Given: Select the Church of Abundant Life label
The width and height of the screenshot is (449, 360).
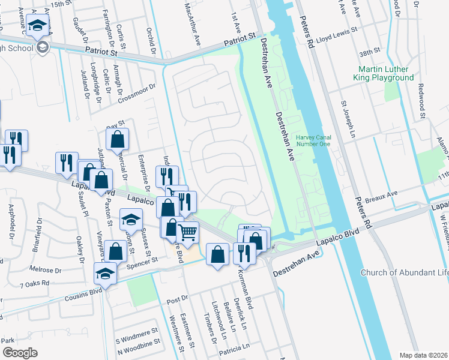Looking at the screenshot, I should click(x=404, y=273).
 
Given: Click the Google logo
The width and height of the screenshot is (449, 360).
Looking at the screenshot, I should click(x=19, y=352).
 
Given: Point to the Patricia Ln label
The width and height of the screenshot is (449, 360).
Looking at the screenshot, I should click(x=234, y=347).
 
